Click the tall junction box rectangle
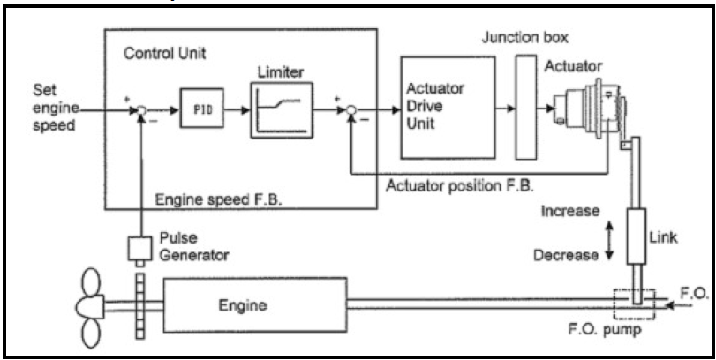524,106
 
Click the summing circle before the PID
139,112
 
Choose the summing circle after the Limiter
350,112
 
